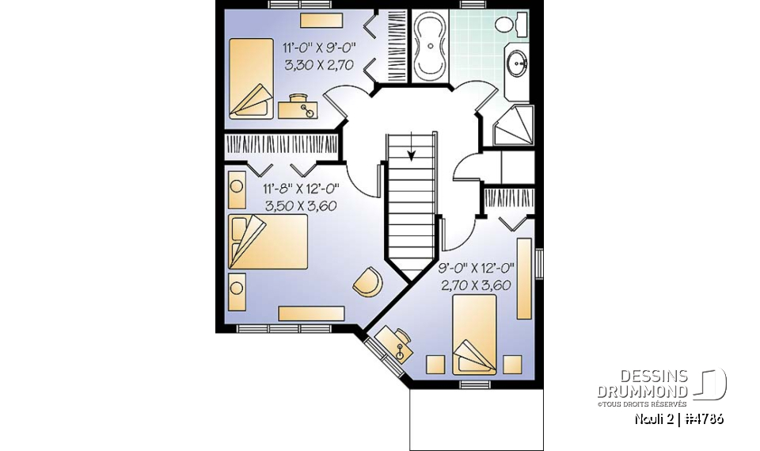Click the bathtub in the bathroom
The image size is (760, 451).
point(431,45)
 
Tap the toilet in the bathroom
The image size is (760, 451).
point(507,25)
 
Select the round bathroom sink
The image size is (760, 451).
point(519,63)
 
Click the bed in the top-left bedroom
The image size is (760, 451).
point(251,78)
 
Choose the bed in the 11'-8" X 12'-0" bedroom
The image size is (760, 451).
point(267,241)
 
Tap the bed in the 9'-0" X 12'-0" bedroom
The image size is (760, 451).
point(474,334)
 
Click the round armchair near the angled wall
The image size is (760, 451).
point(368,282)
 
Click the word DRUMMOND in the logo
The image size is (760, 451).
point(643,392)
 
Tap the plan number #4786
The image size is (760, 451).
point(702,419)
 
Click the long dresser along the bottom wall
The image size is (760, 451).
point(310,314)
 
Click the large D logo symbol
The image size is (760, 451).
point(711,384)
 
